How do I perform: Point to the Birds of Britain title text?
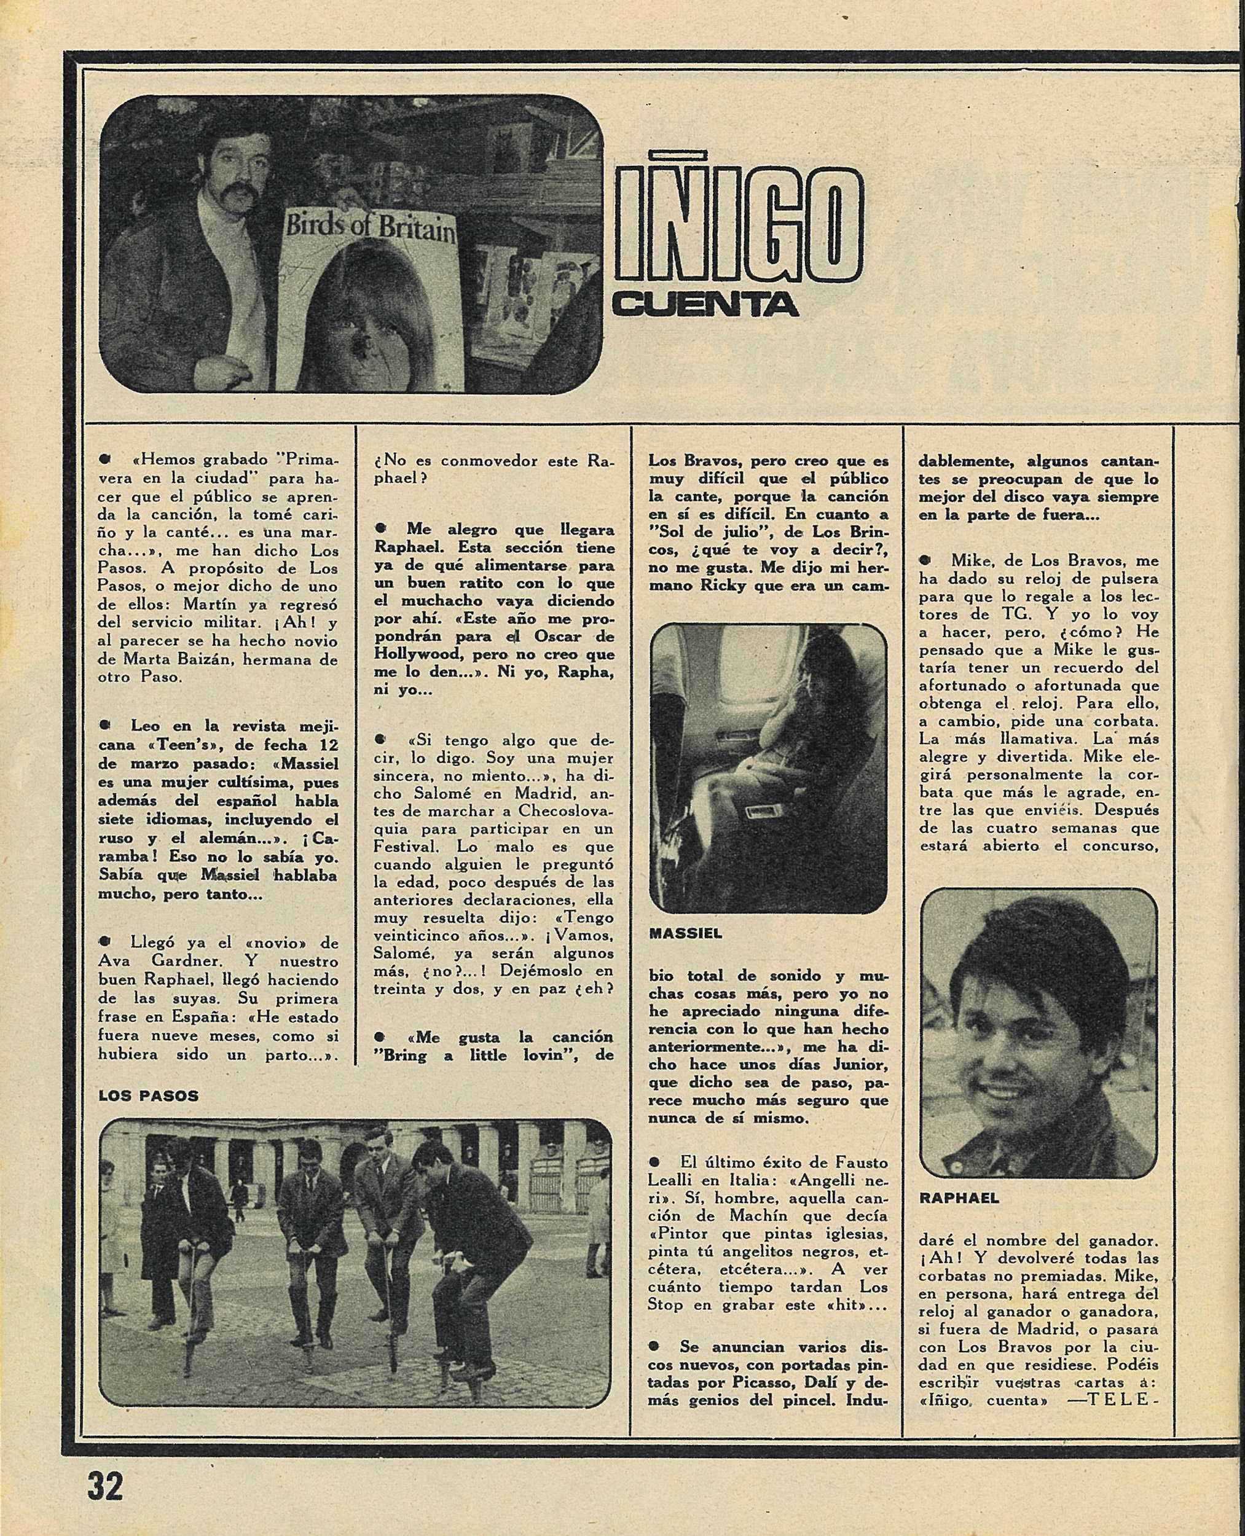click(x=371, y=227)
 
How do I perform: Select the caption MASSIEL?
click(x=686, y=935)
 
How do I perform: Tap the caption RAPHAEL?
click(x=959, y=1198)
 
